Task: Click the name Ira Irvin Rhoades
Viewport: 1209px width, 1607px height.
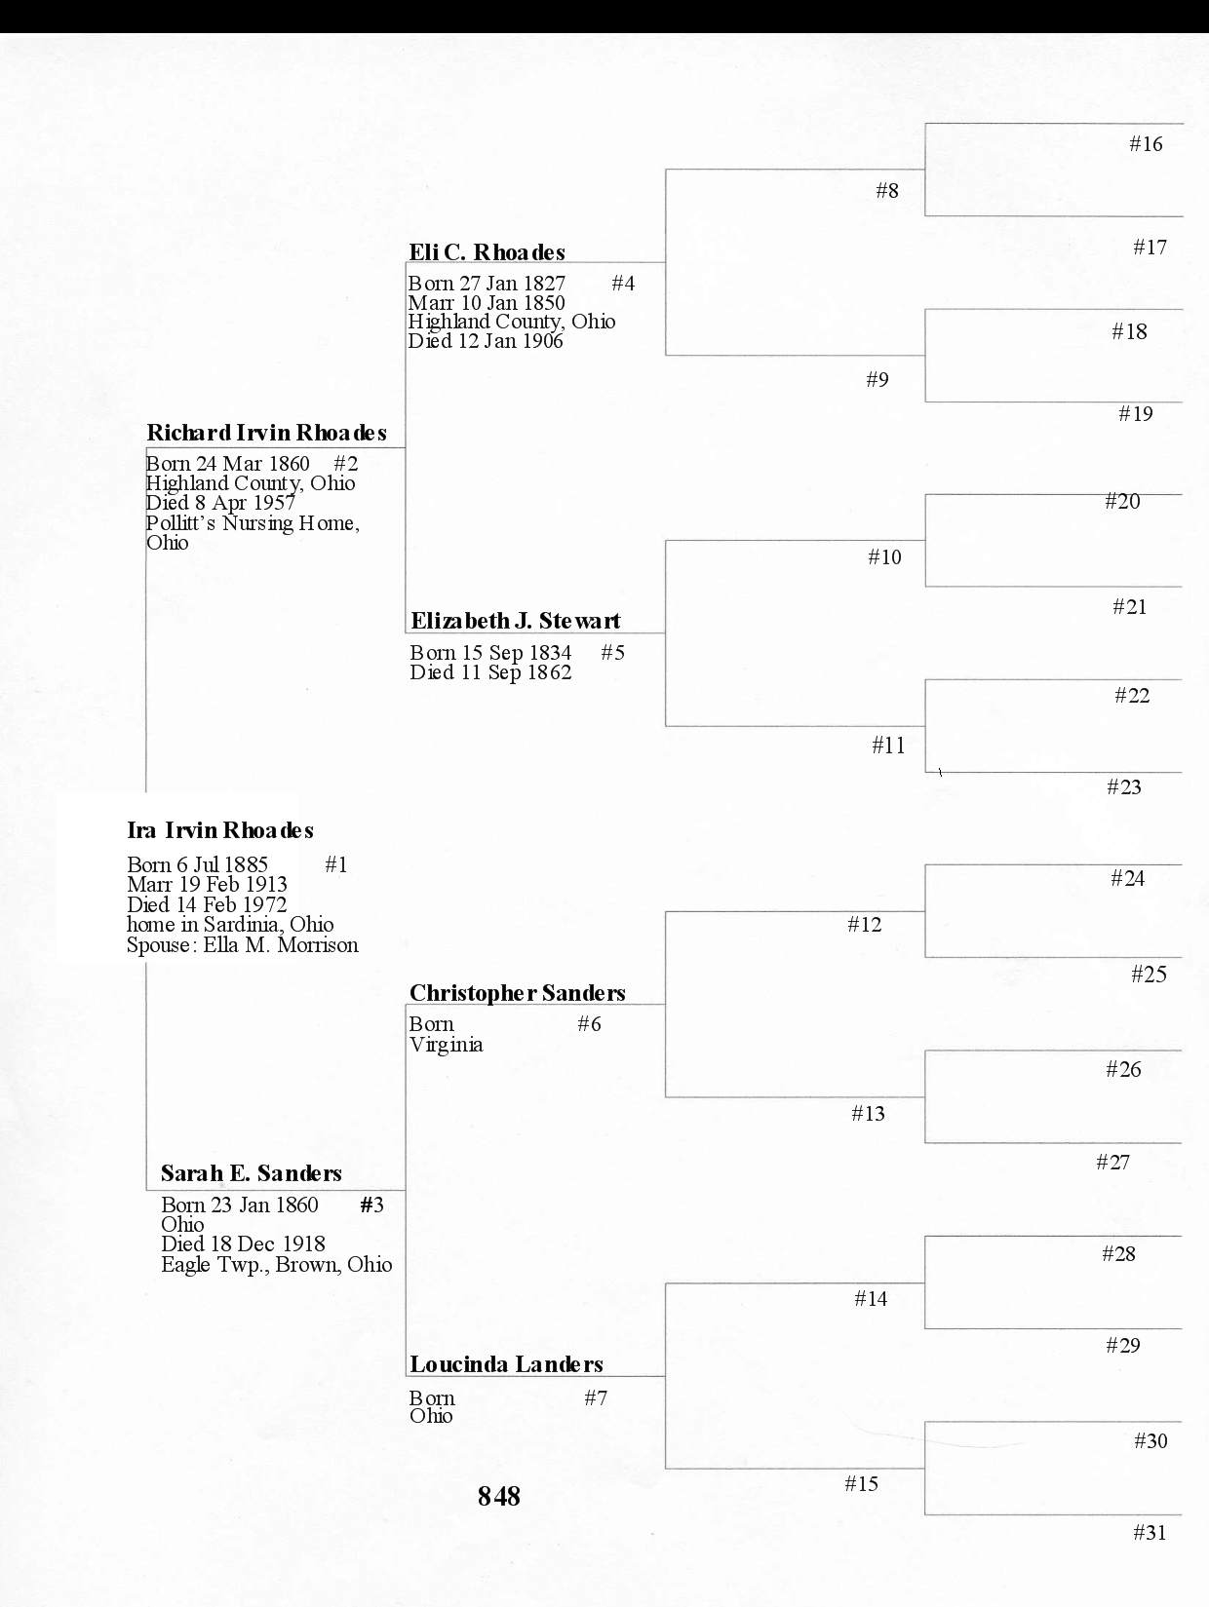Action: coord(220,830)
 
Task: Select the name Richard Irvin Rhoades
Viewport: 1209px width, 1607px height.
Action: coord(266,433)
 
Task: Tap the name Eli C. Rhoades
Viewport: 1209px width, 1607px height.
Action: coord(487,252)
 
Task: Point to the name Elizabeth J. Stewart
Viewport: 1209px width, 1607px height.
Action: coord(515,621)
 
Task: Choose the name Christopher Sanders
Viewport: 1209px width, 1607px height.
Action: coord(517,993)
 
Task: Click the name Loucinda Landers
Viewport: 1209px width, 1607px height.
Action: coord(506,1364)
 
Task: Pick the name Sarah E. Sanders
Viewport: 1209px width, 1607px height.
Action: coord(251,1173)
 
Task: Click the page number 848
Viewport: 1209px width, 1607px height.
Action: coord(498,1496)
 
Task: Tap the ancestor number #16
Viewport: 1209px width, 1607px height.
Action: coord(1146,144)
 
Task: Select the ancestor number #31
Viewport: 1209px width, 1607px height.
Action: coord(1150,1533)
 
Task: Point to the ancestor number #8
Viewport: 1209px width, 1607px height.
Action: coord(886,191)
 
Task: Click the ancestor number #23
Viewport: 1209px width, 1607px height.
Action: coord(1123,787)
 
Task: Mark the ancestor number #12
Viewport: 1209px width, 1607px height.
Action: coord(864,925)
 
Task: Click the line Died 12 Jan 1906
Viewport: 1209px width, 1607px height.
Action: coord(486,341)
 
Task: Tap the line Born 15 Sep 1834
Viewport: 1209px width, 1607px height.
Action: coord(490,653)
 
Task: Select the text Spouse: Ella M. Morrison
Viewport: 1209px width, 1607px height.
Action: coord(242,945)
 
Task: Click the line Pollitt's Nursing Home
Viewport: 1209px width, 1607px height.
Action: coord(253,523)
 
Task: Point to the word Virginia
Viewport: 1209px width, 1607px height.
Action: coord(446,1045)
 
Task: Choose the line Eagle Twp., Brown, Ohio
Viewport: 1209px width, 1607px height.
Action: coord(276,1265)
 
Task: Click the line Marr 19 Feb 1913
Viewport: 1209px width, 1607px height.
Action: coord(207,885)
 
